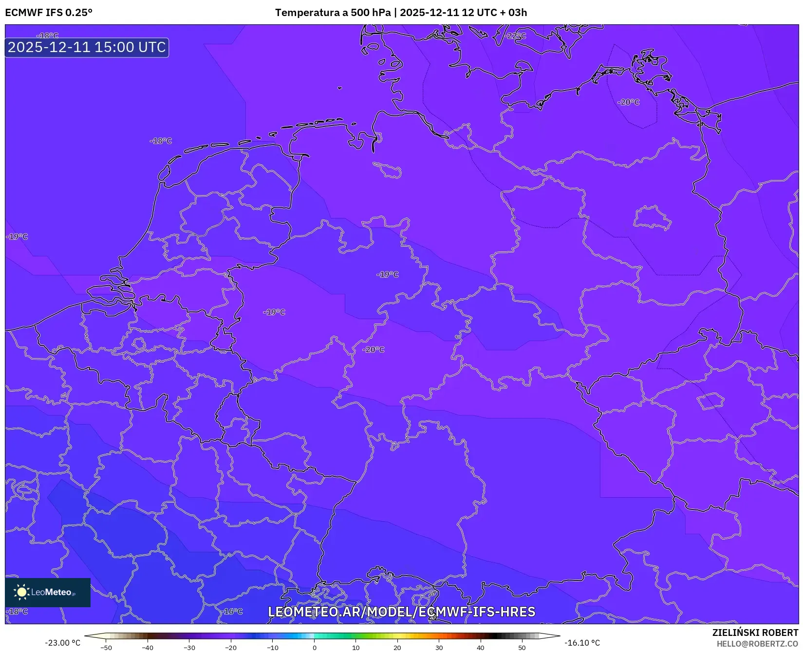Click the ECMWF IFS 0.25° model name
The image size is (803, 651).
pyautogui.click(x=49, y=13)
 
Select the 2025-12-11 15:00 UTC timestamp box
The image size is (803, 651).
pyautogui.click(x=87, y=47)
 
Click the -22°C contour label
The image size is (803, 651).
pyautogui.click(x=516, y=36)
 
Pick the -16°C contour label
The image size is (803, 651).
pyautogui.click(x=232, y=612)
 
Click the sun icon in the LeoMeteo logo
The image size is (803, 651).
pyautogui.click(x=21, y=592)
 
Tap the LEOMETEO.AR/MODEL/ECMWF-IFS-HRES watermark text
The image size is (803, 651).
pyautogui.click(x=401, y=612)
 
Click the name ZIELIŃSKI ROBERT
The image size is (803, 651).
pyautogui.click(x=755, y=633)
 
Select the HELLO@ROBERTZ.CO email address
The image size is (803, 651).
pyautogui.click(x=757, y=644)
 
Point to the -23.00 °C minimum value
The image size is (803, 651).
pyautogui.click(x=62, y=643)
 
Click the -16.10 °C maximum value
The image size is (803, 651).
pyautogui.click(x=582, y=643)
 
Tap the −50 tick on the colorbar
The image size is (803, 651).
pyautogui.click(x=106, y=648)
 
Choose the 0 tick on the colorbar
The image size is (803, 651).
pyautogui.click(x=315, y=648)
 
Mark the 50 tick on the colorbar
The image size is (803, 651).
pyautogui.click(x=522, y=648)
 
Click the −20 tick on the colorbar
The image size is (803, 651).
pyautogui.click(x=231, y=648)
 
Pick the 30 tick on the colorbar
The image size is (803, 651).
pyautogui.click(x=439, y=648)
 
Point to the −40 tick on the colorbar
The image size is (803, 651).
pyautogui.click(x=147, y=648)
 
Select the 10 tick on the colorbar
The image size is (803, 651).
pyautogui.click(x=356, y=648)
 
